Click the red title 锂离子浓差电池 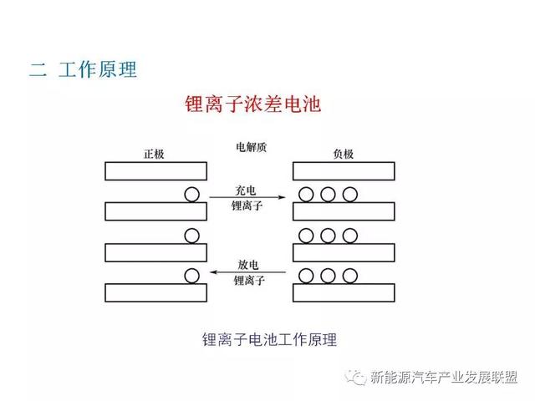tap(252, 104)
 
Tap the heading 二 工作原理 tap(83, 69)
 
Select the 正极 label tap(154, 154)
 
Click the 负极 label tap(344, 154)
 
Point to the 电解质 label tap(251, 147)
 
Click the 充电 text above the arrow tap(245, 190)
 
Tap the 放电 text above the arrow tap(247, 264)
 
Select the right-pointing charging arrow tap(247, 197)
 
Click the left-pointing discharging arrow tap(247, 272)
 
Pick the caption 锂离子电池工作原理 tap(269, 340)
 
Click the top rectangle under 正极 tap(156, 170)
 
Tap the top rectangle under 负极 tap(344, 170)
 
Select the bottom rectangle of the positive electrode tap(156, 292)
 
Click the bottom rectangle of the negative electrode tap(344, 292)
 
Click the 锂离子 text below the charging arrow tap(247, 206)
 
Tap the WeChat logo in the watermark tap(355, 377)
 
